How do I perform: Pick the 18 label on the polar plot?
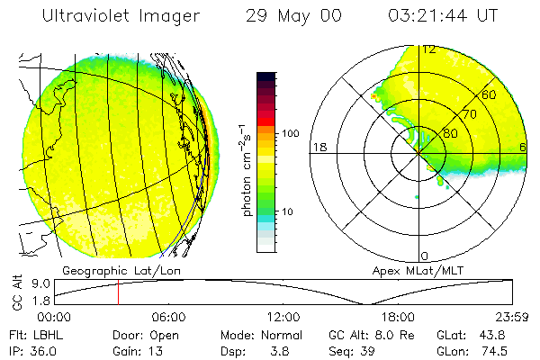[318, 147]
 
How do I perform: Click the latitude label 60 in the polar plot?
[490, 94]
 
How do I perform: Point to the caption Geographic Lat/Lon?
[109, 270]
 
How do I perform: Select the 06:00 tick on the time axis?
[168, 317]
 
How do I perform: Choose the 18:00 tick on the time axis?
[398, 317]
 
